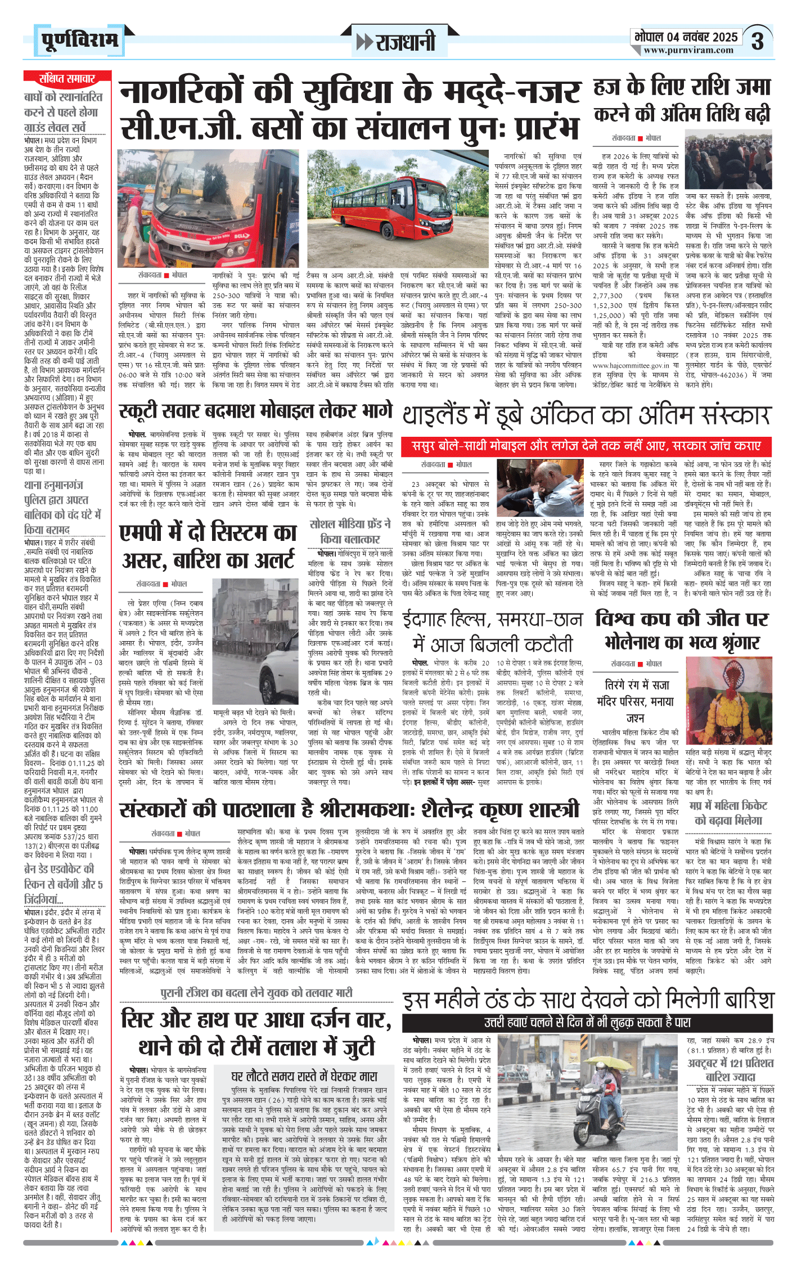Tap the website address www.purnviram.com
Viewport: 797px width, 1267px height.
click(688, 51)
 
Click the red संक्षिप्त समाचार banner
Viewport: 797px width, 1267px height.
click(67, 78)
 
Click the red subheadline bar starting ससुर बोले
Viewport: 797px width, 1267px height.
click(586, 446)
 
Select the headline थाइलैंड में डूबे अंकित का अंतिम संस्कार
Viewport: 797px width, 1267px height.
click(586, 416)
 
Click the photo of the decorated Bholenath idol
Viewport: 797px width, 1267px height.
click(729, 701)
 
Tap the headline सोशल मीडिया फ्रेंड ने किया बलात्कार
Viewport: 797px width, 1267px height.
click(350, 531)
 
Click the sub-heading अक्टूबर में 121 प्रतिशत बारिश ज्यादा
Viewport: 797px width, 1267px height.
click(730, 1069)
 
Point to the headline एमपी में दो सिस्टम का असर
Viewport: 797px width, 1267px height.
click(208, 546)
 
